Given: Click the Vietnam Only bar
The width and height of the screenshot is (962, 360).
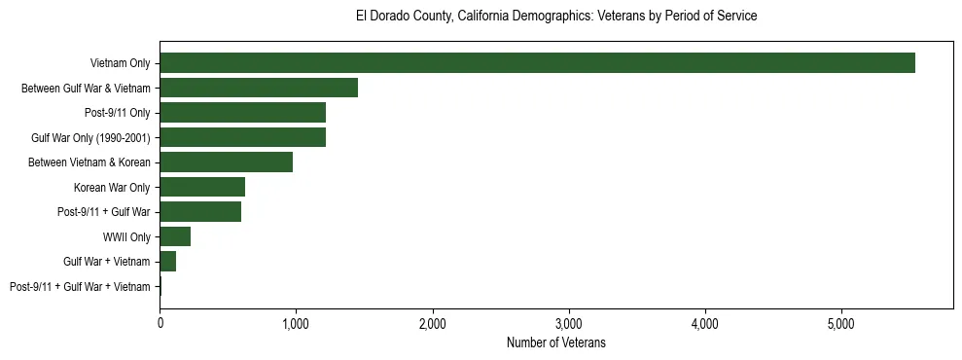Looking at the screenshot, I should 537,63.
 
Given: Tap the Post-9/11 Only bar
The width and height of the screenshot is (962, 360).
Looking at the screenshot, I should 242,113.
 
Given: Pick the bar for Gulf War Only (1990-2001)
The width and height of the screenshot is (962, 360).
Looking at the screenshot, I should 242,137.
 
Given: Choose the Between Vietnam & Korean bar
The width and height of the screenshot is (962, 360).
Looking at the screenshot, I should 226,162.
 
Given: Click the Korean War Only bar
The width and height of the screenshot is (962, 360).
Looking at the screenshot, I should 202,187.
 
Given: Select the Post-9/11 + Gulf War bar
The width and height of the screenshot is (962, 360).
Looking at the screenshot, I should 200,212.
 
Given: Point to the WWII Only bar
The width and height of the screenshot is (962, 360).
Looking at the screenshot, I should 175,236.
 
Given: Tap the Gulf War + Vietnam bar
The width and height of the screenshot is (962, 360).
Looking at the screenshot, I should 167,262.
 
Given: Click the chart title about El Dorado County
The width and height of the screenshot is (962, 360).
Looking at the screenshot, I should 556,17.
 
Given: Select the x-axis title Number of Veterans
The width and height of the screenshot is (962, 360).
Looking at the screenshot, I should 556,342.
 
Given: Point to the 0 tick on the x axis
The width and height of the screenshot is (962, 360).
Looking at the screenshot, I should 160,322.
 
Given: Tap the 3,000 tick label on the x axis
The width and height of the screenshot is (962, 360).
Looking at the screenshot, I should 568,322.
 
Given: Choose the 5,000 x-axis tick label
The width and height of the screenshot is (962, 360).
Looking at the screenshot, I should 840,322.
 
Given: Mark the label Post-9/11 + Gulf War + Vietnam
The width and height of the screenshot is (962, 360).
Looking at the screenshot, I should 80,287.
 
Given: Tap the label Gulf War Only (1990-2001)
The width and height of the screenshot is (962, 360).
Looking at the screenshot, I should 90,137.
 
